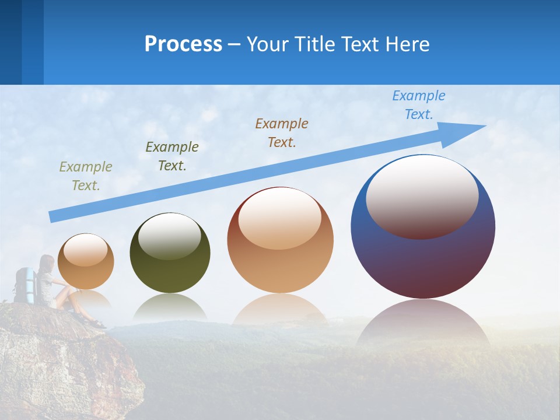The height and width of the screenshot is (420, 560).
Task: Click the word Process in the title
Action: pos(183,44)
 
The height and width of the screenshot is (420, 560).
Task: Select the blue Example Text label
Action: pos(419,105)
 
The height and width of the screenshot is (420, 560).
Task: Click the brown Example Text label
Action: pos(282,132)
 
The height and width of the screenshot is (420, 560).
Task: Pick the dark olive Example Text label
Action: pos(172,156)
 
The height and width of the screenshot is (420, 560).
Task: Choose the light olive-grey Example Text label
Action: pos(86,176)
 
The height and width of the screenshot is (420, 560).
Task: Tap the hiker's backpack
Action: pos(24,285)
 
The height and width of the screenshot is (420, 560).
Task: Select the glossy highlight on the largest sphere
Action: pos(422,196)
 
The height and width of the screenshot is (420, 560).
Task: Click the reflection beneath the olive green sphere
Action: pos(170,306)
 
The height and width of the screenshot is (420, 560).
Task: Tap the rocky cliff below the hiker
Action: pos(64,362)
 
